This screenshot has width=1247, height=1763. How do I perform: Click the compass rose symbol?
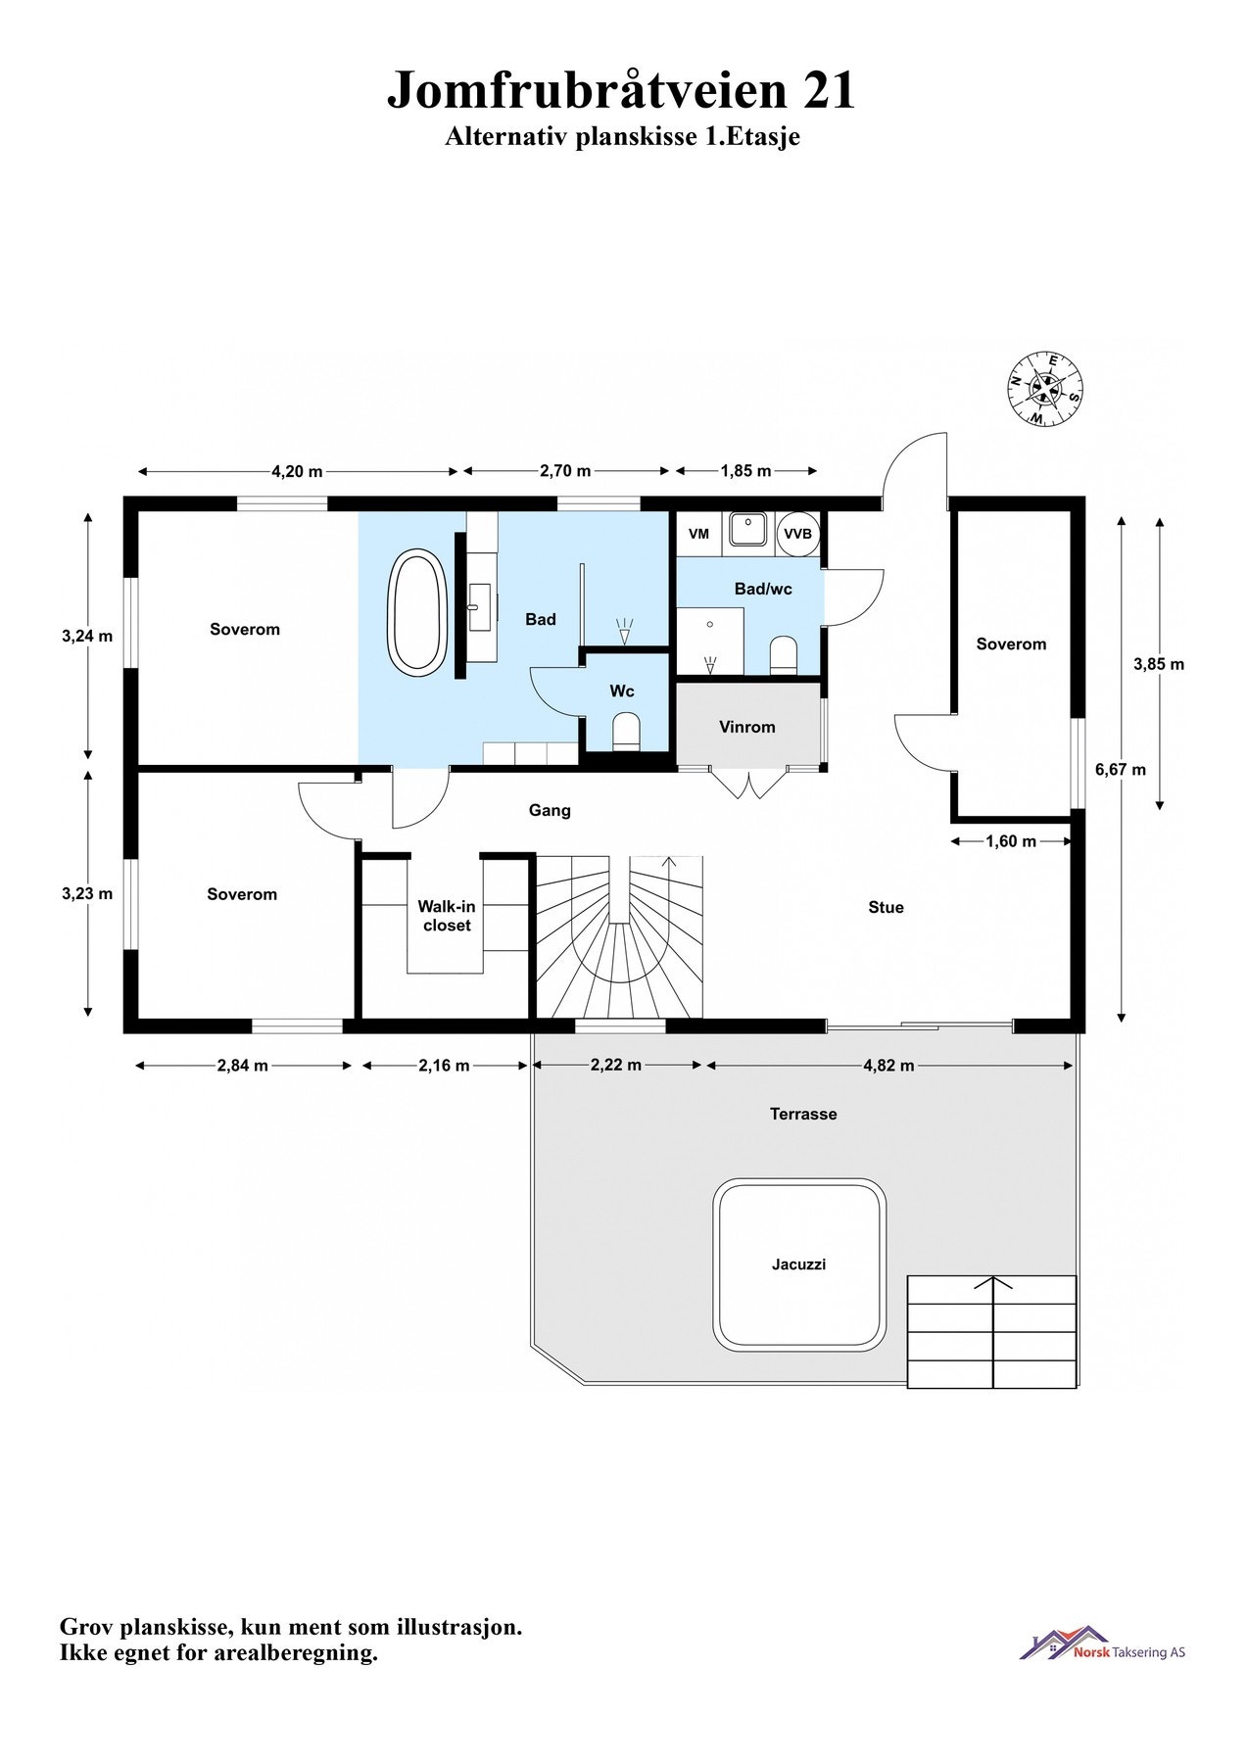[x=1045, y=389]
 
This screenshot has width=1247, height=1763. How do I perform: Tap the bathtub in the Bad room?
[x=417, y=612]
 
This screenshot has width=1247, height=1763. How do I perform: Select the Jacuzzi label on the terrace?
[x=798, y=1264]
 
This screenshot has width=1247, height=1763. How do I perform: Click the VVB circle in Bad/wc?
[x=797, y=534]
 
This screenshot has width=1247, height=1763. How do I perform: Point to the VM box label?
[x=699, y=534]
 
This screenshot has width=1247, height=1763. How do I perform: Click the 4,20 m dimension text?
[x=297, y=471]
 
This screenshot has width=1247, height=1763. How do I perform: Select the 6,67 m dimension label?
[x=1120, y=770]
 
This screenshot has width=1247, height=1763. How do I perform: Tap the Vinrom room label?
[x=746, y=727]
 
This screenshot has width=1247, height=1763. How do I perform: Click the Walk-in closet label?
[x=447, y=916]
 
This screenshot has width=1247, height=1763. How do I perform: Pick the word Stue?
[x=886, y=907]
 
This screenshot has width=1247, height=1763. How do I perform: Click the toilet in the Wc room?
[x=625, y=731]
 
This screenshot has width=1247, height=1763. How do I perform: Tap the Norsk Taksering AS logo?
[x=1102, y=1644]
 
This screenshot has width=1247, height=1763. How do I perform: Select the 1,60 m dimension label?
[x=1010, y=840]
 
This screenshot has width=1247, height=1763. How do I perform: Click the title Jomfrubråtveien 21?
[x=621, y=90]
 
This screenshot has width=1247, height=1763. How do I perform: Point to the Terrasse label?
[x=802, y=1114]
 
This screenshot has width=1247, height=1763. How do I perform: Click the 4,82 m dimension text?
[x=888, y=1065]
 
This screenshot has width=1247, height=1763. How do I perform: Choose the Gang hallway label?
[x=550, y=810]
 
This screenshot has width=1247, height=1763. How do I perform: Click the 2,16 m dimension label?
[x=444, y=1065]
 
